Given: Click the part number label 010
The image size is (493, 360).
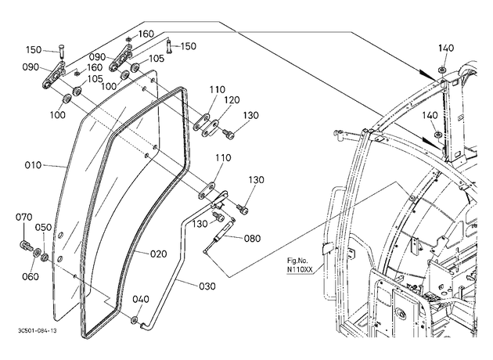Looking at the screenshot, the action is [x=33, y=165].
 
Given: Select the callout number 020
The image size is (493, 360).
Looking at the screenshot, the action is [x=158, y=254].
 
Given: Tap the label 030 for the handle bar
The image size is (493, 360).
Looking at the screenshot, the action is [x=207, y=286].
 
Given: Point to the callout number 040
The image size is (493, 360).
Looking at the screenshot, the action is [x=141, y=299].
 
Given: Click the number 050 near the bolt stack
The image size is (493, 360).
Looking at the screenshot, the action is [x=43, y=227].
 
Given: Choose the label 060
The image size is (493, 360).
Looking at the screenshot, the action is [x=31, y=277].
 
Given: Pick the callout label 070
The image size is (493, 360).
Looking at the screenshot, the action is [x=24, y=217].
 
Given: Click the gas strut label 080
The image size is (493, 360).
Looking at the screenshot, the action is [x=253, y=239].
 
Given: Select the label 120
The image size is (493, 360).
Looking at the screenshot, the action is [x=232, y=100].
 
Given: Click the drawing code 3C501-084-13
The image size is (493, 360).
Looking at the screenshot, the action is [x=38, y=331].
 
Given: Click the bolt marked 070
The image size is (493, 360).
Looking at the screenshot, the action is [x=24, y=245].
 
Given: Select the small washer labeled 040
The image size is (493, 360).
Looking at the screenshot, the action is [x=134, y=320].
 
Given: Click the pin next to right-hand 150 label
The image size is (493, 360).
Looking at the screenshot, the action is [x=169, y=46].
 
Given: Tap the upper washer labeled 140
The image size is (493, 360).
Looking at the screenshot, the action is [x=442, y=70].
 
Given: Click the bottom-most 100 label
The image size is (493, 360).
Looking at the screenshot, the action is [x=58, y=115].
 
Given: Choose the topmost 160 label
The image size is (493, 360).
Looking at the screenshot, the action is [x=146, y=34].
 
